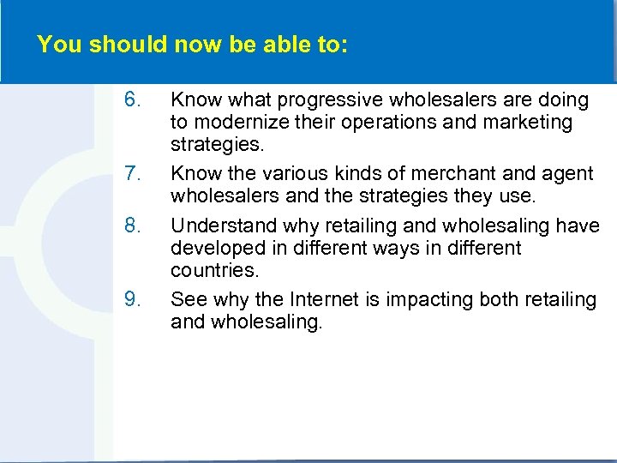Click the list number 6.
coord(132,100)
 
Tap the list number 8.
coord(132,226)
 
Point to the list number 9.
coord(132,300)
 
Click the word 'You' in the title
coord(56,45)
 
